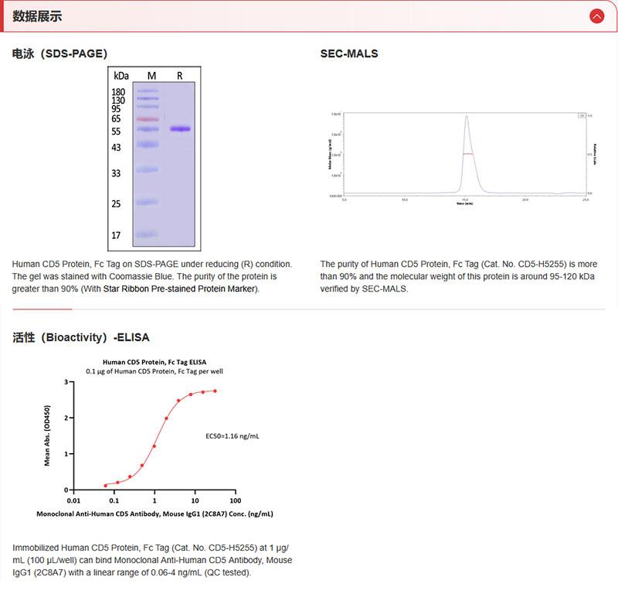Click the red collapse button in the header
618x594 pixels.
pyautogui.click(x=596, y=16)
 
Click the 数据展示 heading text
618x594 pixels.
pyautogui.click(x=38, y=16)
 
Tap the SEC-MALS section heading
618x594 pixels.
pyautogui.click(x=349, y=53)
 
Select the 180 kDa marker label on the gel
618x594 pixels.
pyautogui.click(x=118, y=92)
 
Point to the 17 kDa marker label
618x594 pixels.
pyautogui.click(x=116, y=235)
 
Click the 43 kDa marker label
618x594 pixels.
pyautogui.click(x=116, y=147)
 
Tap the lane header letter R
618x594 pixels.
pyautogui.click(x=180, y=76)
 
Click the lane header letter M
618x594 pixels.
pyautogui.click(x=151, y=76)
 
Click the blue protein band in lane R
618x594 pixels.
pyautogui.click(x=180, y=129)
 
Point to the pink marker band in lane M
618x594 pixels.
pyautogui.click(x=147, y=119)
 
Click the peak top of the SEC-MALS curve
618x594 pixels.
pyautogui.click(x=467, y=117)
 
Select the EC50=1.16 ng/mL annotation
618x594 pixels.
pyautogui.click(x=232, y=436)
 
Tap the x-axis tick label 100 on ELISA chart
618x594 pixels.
pyautogui.click(x=236, y=500)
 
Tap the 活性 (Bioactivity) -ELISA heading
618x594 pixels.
pyautogui.click(x=81, y=337)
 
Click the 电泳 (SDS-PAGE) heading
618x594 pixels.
pyautogui.click(x=59, y=53)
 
